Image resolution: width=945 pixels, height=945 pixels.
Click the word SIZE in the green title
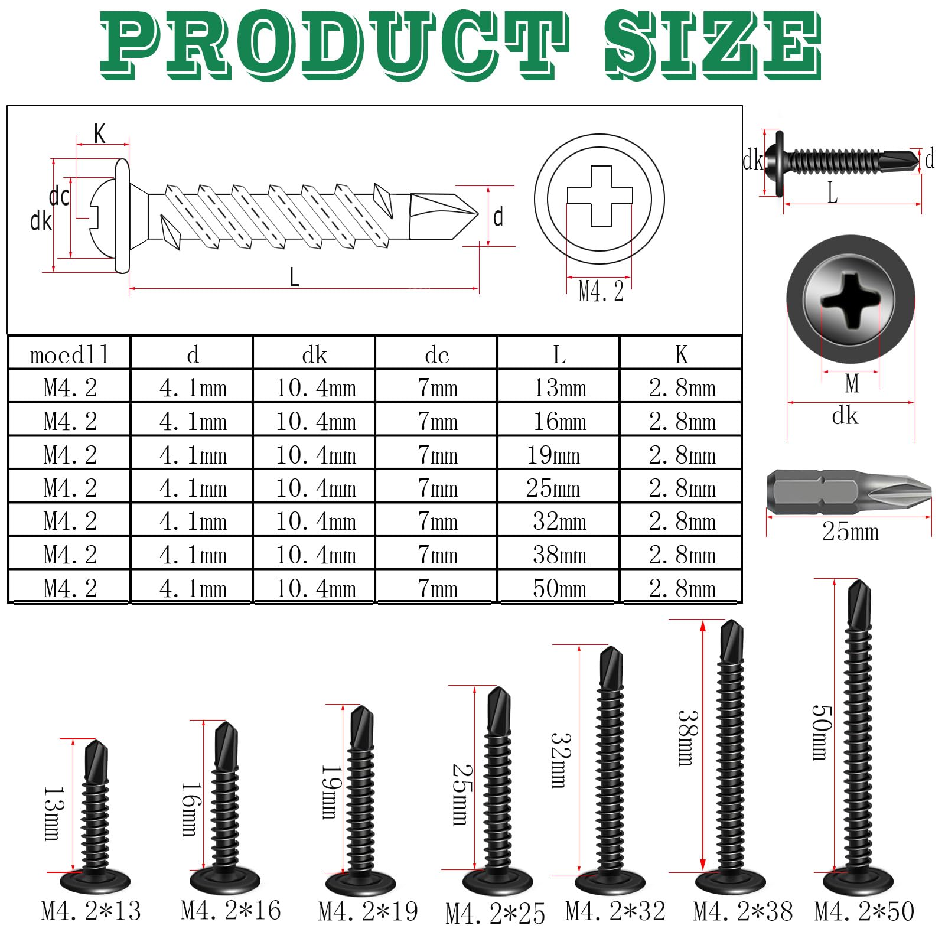(713, 46)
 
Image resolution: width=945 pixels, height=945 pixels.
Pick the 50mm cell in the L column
(559, 588)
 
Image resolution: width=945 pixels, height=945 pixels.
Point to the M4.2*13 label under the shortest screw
(91, 911)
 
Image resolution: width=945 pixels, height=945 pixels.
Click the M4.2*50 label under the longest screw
(864, 911)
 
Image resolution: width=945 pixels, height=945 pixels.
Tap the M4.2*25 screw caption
(495, 914)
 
